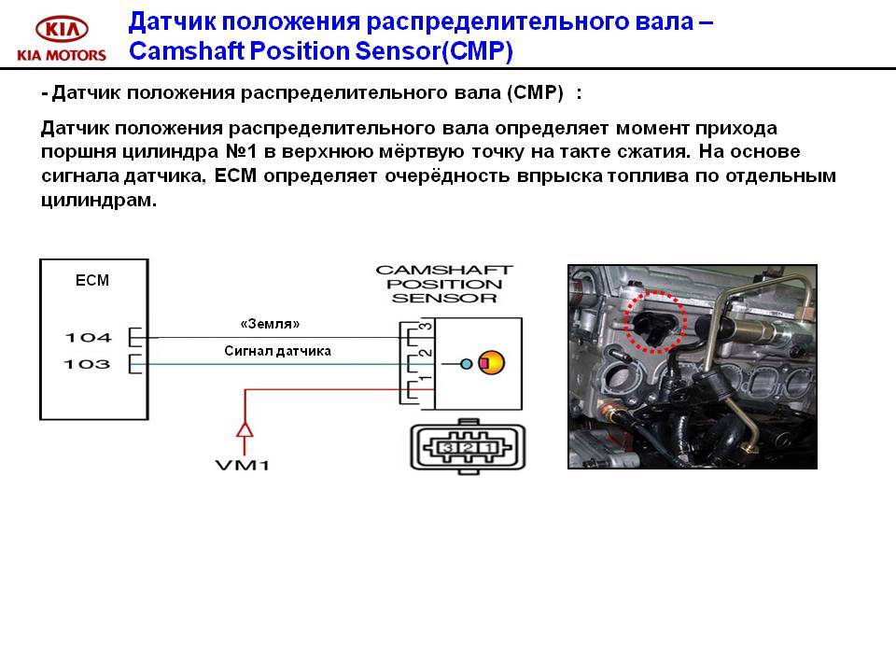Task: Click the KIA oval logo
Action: tap(62, 28)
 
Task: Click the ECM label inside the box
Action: tap(92, 280)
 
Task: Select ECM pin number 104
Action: tap(88, 337)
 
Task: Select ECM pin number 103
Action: tap(87, 364)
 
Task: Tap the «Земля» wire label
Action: tap(270, 324)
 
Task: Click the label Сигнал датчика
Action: tap(277, 351)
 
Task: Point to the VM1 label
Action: tap(243, 465)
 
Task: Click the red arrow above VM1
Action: tap(245, 429)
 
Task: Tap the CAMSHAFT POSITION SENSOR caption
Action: tap(444, 284)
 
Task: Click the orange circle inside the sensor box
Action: tap(492, 363)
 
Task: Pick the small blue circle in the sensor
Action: tap(467, 363)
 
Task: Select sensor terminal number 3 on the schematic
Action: tap(426, 327)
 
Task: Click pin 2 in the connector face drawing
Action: tap(468, 447)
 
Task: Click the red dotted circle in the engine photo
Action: tap(654, 292)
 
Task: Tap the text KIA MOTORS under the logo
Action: tap(62, 55)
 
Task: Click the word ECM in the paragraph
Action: tap(235, 175)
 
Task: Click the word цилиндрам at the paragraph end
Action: tap(99, 200)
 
